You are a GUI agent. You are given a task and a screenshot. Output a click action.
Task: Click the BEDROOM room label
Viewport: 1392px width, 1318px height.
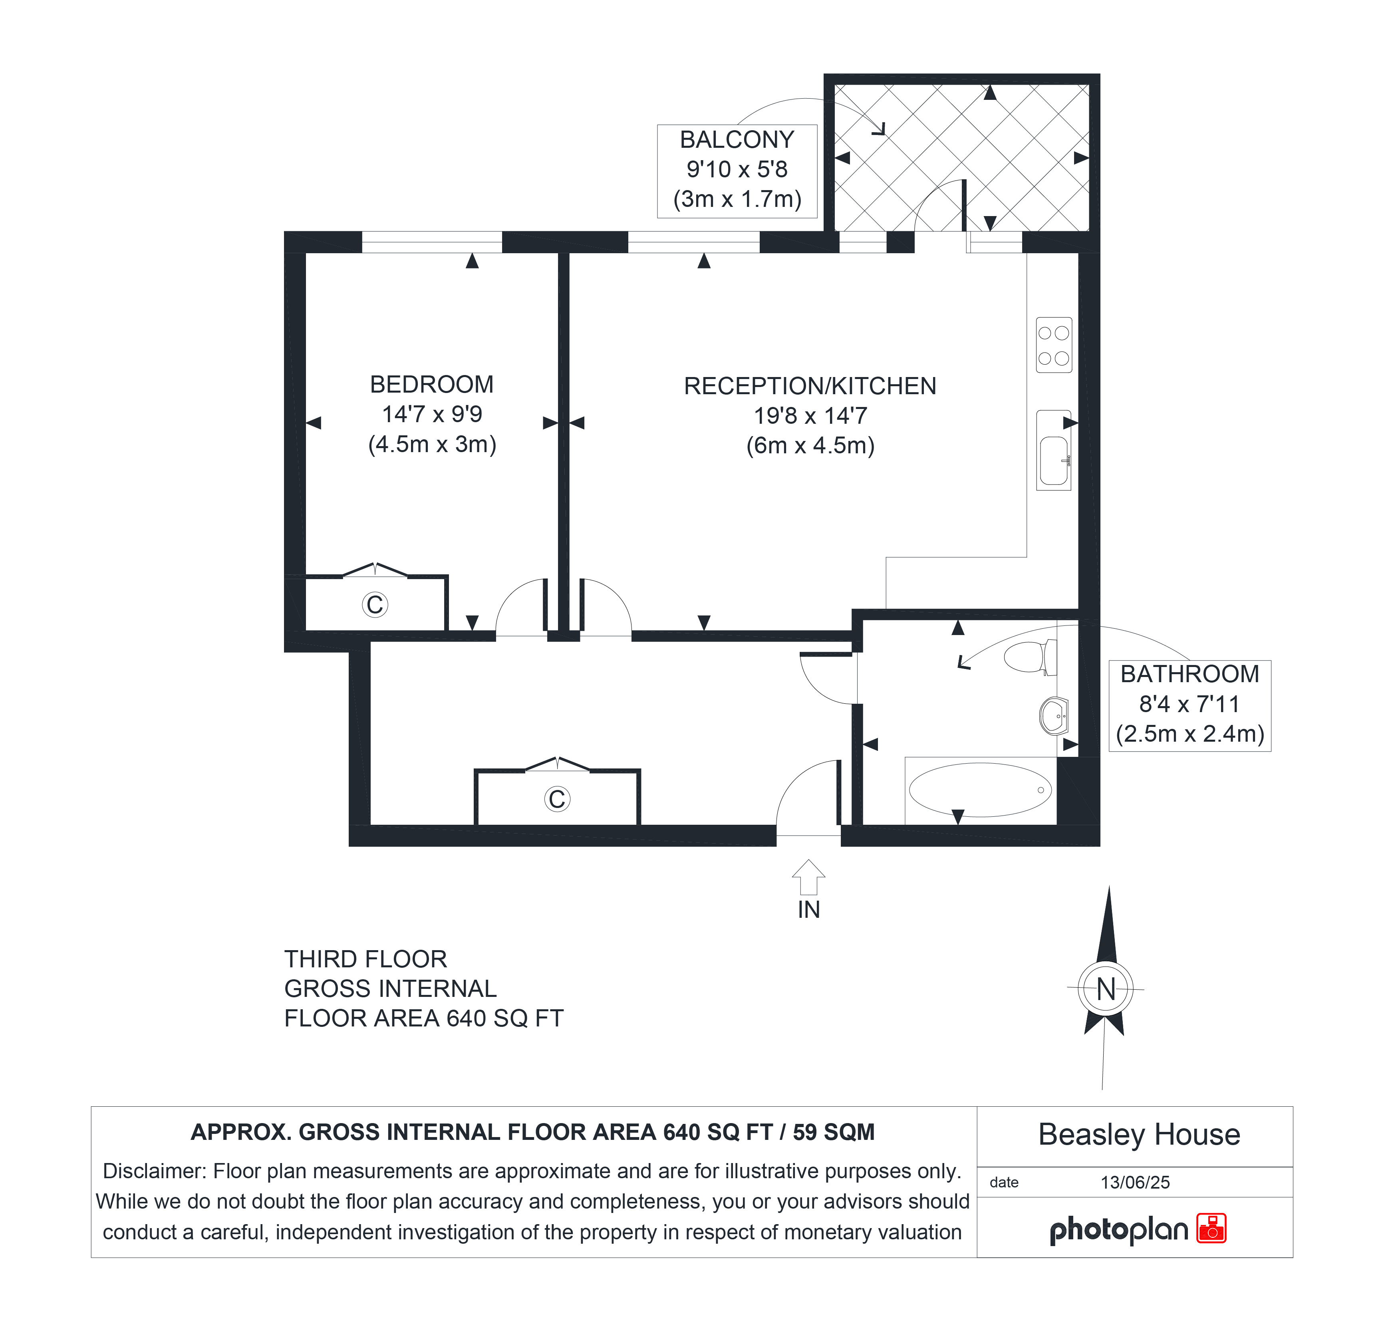431,384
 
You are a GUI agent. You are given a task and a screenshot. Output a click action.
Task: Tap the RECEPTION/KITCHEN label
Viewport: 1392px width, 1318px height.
810,386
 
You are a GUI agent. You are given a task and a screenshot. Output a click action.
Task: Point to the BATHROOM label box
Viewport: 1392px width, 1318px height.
1189,705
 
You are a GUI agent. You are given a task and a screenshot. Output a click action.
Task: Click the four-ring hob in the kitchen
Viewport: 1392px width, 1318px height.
1053,345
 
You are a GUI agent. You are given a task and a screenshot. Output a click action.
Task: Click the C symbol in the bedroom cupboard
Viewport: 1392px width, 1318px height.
375,604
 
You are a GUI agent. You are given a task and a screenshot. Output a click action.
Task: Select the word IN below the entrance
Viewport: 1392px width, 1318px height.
809,910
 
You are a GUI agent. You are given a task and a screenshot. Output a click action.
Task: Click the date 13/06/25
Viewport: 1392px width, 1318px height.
1135,1183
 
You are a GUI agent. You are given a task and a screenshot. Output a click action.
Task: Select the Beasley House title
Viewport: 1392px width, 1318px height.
1139,1135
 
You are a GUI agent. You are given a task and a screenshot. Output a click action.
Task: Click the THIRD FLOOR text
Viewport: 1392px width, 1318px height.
365,959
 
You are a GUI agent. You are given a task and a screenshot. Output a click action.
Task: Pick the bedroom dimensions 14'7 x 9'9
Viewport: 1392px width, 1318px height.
432,415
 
